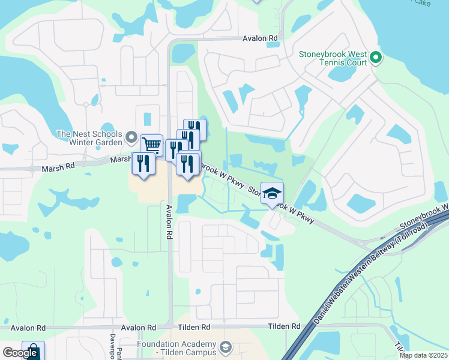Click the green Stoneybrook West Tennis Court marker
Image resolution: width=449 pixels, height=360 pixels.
[376, 58]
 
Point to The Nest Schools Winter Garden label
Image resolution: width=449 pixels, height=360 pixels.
[89, 139]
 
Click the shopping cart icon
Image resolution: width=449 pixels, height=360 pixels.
[151, 145]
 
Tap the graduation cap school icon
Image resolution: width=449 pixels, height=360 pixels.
[272, 193]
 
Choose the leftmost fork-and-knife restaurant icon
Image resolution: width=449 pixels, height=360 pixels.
[143, 163]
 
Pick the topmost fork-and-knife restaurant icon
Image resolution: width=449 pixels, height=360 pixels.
[194, 128]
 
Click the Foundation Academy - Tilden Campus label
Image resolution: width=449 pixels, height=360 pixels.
[176, 348]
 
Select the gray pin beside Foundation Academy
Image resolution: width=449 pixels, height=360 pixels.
[225, 347]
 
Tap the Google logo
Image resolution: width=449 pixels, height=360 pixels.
[19, 353]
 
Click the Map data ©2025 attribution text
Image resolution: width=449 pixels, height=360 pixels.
[423, 355]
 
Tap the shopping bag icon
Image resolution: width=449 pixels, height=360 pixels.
[33, 351]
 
